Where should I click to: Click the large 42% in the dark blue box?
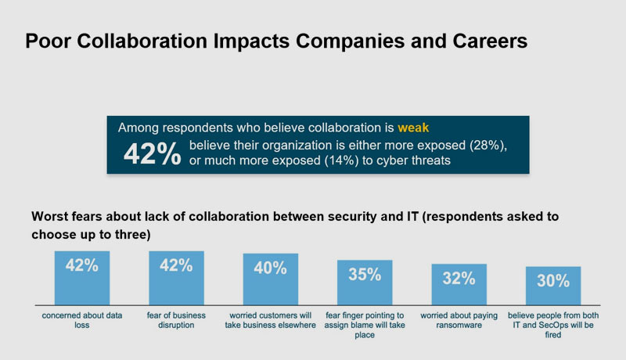coord(152,154)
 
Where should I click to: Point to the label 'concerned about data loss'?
coord(82,319)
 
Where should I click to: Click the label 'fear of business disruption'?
coord(176,319)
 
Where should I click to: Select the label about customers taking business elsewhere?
coord(270,319)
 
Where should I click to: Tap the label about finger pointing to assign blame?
coord(365,324)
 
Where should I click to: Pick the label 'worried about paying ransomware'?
coord(459,319)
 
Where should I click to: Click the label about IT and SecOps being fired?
coord(552,324)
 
